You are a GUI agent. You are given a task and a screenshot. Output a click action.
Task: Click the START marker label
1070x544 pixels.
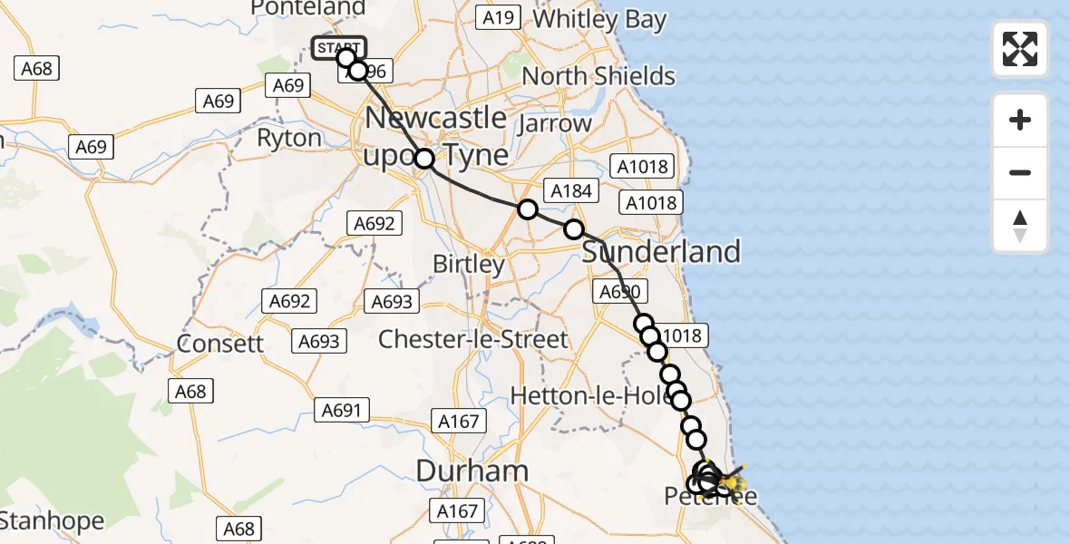(x=338, y=47)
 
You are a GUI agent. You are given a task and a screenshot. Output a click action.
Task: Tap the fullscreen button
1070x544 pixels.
(x=1020, y=49)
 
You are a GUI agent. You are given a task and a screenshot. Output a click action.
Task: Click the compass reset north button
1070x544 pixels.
(x=1020, y=226)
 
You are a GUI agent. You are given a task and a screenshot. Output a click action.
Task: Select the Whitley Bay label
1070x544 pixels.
(x=600, y=19)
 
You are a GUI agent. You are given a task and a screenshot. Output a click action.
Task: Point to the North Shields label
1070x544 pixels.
(x=598, y=75)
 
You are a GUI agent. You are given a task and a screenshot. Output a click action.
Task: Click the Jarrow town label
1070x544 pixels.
(x=554, y=122)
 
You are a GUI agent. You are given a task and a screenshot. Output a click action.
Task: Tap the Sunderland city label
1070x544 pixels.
(x=661, y=251)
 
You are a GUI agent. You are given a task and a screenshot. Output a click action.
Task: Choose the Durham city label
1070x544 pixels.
(x=472, y=470)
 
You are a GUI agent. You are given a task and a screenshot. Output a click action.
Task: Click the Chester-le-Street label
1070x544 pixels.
(x=472, y=340)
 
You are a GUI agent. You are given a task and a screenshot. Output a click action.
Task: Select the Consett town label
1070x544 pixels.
(x=220, y=344)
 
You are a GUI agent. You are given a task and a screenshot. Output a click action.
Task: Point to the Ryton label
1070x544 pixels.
(x=289, y=138)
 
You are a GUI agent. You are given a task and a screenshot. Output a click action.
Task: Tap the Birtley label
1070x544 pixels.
(x=469, y=265)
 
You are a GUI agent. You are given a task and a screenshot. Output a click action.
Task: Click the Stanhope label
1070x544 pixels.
(x=53, y=521)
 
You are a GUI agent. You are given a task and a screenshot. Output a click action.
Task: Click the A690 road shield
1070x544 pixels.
(x=620, y=292)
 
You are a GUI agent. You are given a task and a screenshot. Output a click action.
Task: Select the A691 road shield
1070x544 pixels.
(x=341, y=411)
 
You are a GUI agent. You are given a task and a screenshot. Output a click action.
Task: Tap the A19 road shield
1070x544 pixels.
(x=498, y=17)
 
